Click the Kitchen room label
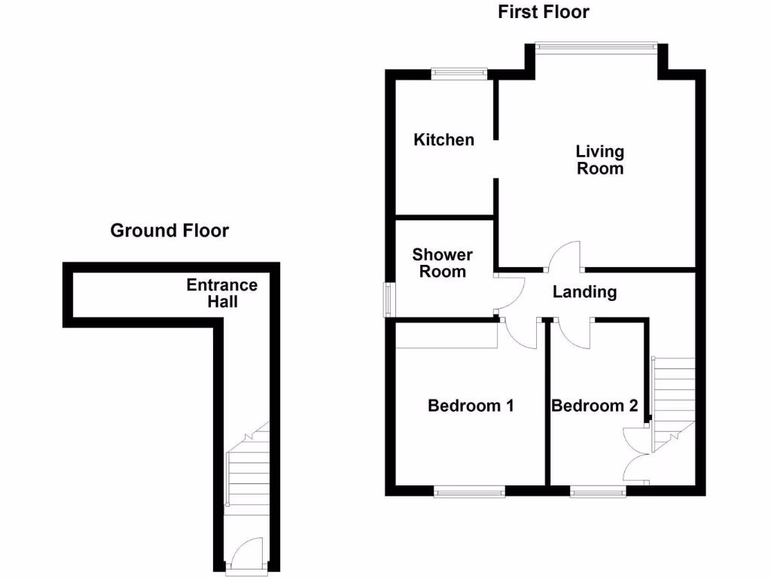444,140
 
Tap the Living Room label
600,160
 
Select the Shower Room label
443,263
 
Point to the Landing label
584,292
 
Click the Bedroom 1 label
471,406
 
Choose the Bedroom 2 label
595,406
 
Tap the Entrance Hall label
222,294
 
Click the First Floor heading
543,12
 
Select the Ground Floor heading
169,230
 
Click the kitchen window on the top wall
459,73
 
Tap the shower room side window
389,299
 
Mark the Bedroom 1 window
469,491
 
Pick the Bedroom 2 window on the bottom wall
599,491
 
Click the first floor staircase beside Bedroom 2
673,399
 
